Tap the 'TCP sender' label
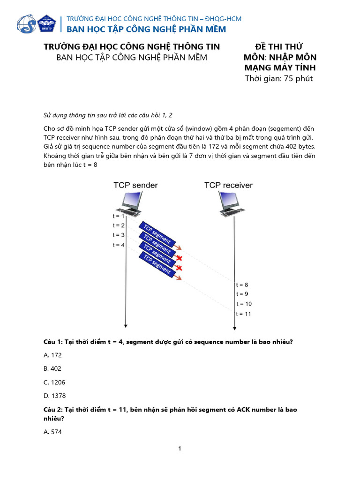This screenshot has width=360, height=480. [135, 185]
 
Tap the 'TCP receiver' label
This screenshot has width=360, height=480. [228, 185]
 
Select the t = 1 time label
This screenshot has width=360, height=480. [119, 216]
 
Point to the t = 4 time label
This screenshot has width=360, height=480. [119, 245]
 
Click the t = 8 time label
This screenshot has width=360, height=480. [242, 285]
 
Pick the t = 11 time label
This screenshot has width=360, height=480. [244, 314]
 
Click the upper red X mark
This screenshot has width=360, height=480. [179, 258]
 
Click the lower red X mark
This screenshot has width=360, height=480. [179, 268]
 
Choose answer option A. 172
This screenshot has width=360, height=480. [52, 355]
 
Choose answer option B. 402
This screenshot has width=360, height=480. [52, 368]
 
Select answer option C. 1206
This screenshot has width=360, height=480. [54, 382]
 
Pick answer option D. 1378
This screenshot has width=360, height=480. [54, 396]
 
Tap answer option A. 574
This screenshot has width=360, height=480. [52, 432]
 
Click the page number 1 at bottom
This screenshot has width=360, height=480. [180, 449]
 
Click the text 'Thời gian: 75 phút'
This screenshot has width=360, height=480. [279, 78]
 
